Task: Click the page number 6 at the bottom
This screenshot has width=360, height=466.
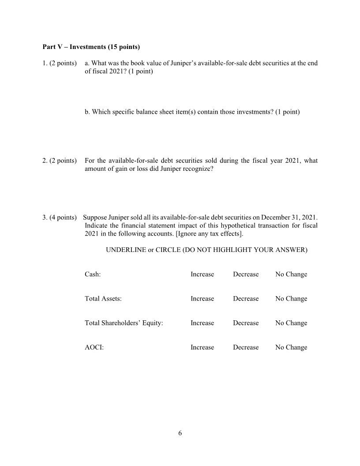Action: (180, 433)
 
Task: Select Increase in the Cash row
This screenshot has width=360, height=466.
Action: (202, 274)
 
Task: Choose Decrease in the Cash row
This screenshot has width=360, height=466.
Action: (246, 274)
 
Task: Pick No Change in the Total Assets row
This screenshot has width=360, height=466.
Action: (291, 299)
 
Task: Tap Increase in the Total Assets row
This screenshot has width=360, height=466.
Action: (202, 299)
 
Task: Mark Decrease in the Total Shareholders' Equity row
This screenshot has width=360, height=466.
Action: (246, 323)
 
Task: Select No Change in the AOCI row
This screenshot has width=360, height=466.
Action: (291, 347)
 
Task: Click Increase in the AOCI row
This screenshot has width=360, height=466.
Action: (202, 347)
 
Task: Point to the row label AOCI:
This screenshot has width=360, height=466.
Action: (94, 347)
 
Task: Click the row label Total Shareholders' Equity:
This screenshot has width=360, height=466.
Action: (124, 323)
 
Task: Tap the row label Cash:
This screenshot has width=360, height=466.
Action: (92, 274)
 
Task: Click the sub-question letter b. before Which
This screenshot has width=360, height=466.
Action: (87, 112)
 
